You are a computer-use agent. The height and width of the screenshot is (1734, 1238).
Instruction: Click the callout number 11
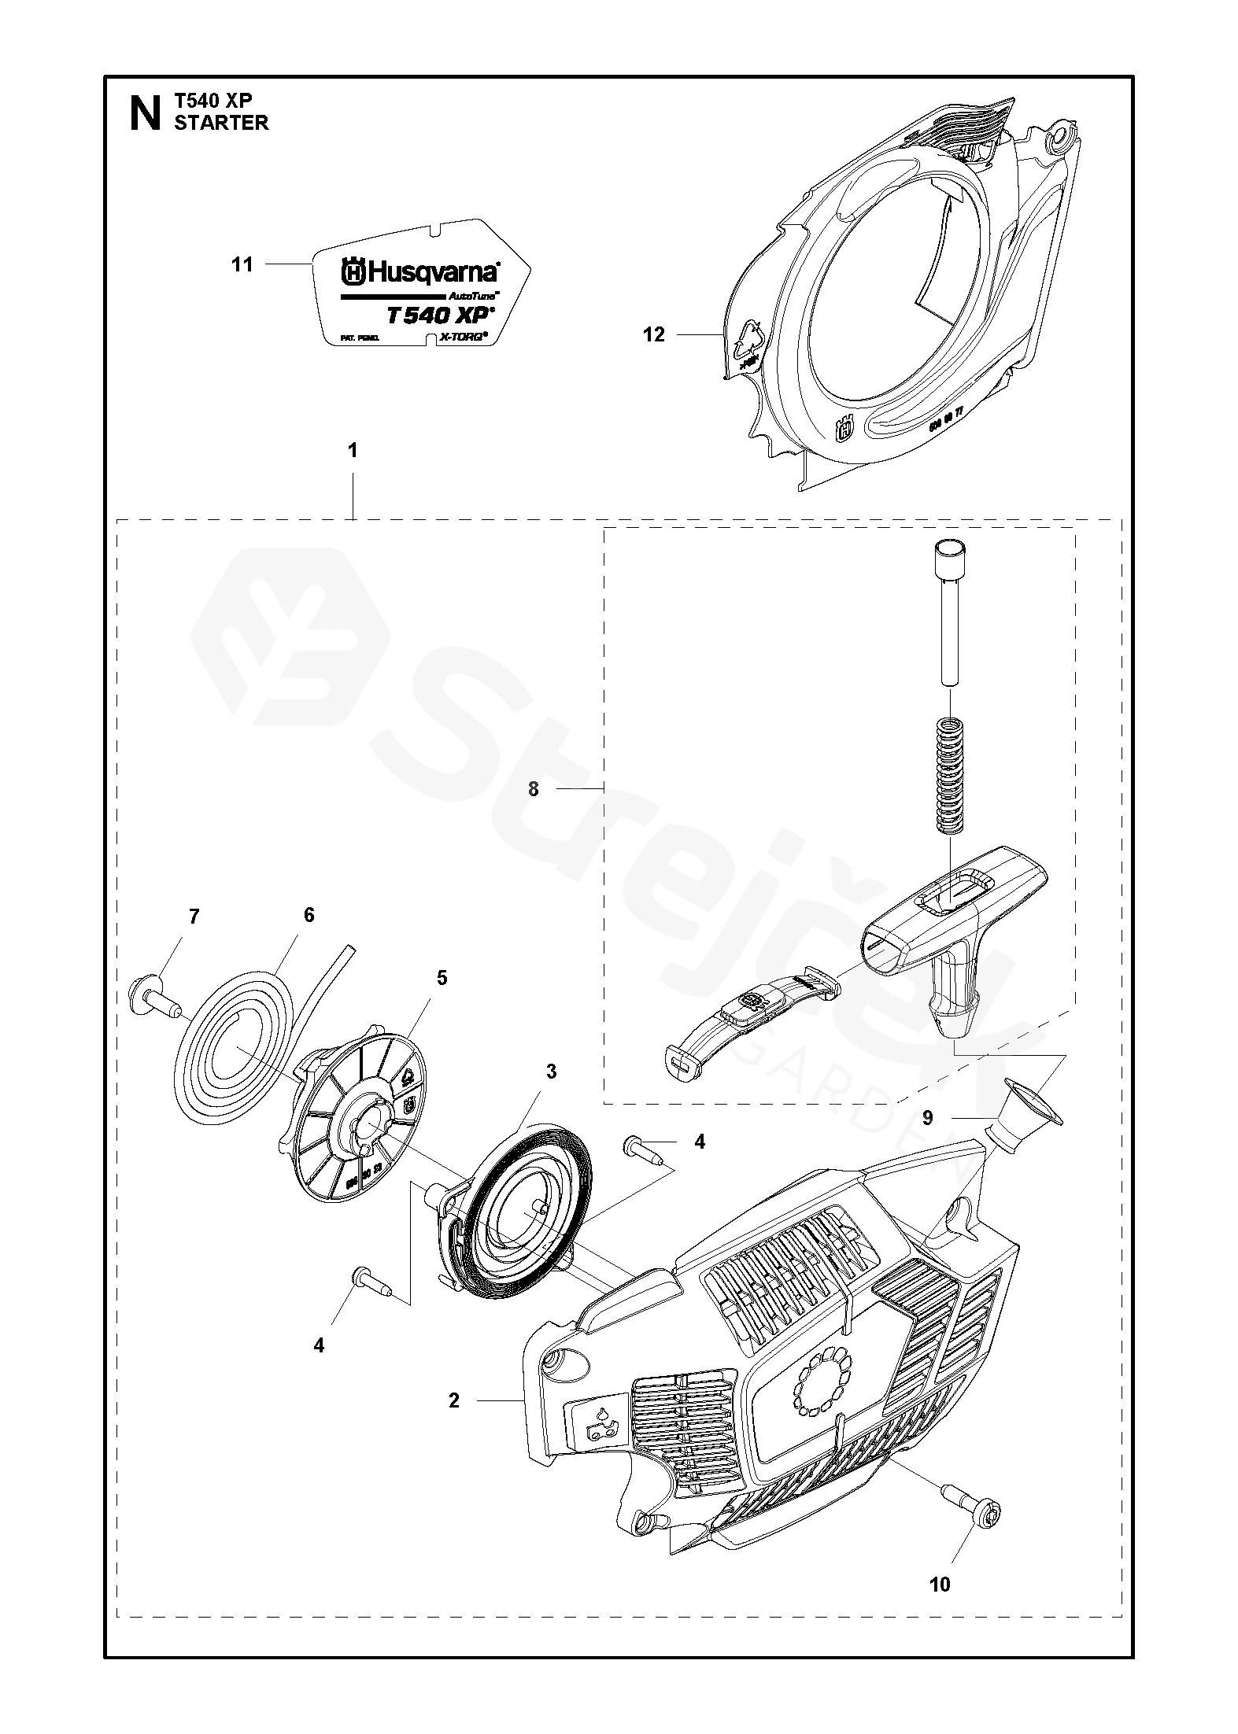tap(242, 264)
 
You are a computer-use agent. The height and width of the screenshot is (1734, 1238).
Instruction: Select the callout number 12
tap(654, 335)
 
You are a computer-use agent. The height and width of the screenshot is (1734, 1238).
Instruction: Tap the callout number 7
tap(194, 917)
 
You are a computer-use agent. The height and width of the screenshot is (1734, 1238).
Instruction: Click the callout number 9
tap(927, 1117)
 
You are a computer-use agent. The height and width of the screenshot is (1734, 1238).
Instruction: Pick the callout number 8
tap(534, 788)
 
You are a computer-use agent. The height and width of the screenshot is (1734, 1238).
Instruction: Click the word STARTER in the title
tap(221, 123)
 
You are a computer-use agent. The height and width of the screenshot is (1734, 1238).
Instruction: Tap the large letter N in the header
tap(144, 112)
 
